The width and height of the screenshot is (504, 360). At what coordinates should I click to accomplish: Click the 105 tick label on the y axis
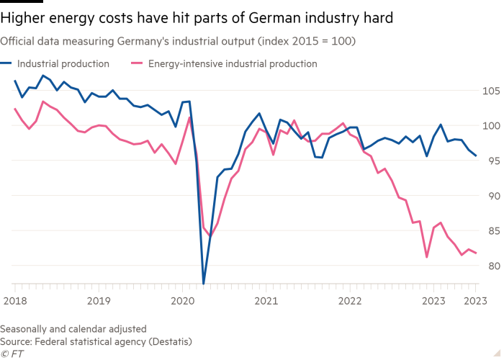[x=490, y=91]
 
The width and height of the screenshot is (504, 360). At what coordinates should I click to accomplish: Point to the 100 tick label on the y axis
[x=490, y=125]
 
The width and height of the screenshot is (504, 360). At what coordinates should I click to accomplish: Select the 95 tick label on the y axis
[x=490, y=161]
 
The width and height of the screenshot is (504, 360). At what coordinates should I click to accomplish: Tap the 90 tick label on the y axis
[x=490, y=196]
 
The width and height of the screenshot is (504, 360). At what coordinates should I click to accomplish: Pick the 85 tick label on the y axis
[x=490, y=231]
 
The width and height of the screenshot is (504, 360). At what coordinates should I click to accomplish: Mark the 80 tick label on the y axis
[x=490, y=266]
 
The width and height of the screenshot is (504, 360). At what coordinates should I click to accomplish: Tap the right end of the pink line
[x=476, y=253]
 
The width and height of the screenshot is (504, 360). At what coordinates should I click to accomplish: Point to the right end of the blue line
[x=476, y=156]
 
